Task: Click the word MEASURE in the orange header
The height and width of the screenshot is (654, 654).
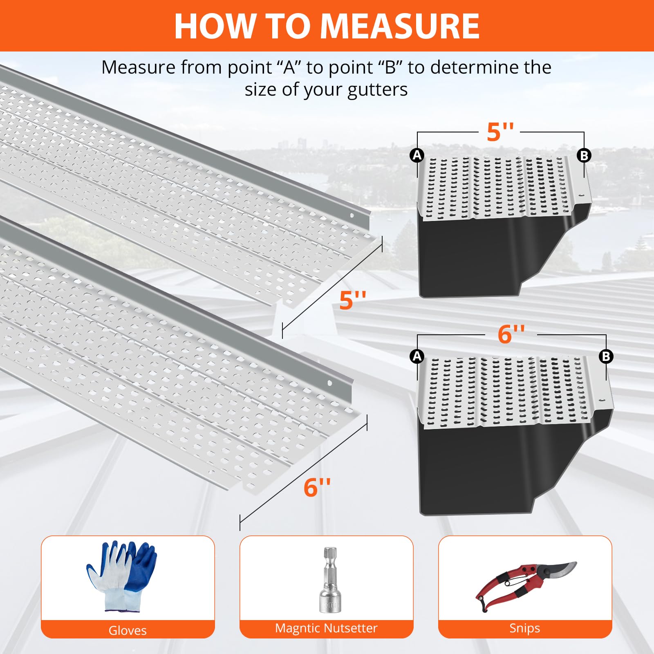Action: pos(400,26)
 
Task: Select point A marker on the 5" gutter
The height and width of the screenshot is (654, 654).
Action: pos(417,155)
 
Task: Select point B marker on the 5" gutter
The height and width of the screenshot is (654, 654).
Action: pos(584,155)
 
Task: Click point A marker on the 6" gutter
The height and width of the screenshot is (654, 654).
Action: pos(417,356)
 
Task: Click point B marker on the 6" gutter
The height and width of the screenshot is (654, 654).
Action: pos(606,356)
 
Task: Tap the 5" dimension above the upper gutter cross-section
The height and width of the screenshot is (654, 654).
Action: pos(500,132)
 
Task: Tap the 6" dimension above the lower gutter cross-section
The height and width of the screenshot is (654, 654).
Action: pos(511,334)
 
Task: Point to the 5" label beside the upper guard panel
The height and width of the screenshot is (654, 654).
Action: pos(353,300)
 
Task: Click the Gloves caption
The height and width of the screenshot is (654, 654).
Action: pos(128,630)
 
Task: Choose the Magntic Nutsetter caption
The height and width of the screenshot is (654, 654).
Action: pos(326,628)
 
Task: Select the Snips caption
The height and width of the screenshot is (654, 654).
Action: pos(525,628)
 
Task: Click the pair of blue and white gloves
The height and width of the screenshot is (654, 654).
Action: pos(122,576)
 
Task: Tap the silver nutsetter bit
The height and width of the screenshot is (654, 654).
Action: pos(330,580)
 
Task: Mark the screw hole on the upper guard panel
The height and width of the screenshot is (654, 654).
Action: pos(352,215)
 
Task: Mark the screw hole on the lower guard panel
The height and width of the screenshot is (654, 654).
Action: pos(329,383)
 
